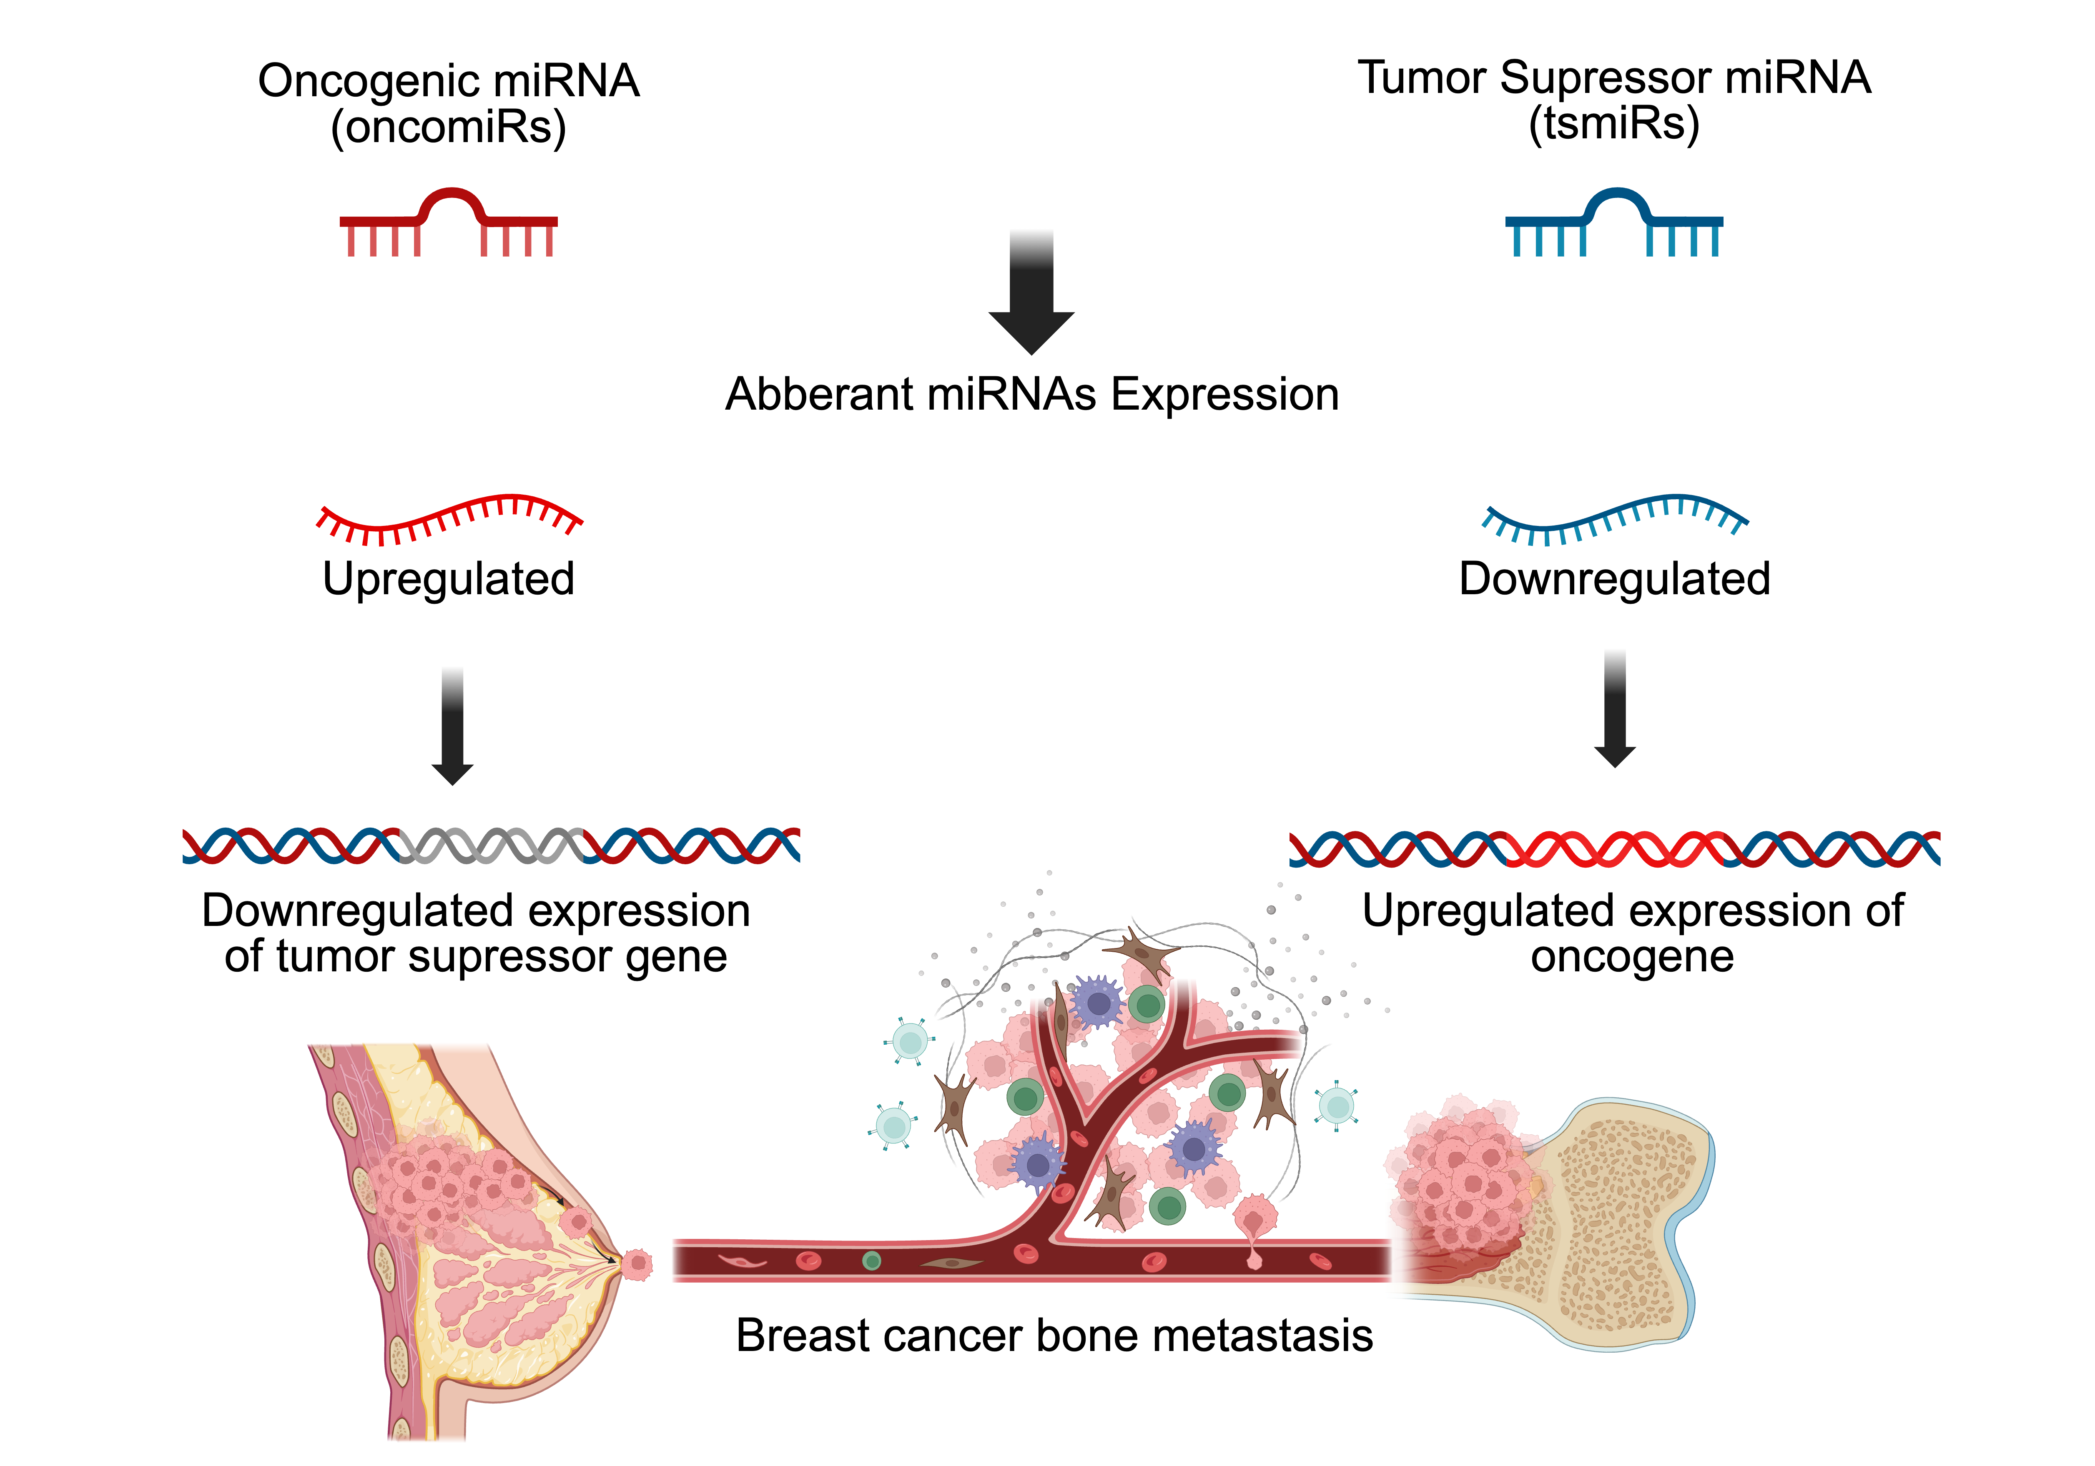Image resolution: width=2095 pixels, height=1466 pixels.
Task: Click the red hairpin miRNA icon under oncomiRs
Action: [x=448, y=222]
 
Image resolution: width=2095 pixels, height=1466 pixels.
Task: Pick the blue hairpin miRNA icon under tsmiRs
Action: [x=1613, y=222]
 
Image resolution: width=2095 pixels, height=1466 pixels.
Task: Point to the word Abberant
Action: [x=818, y=395]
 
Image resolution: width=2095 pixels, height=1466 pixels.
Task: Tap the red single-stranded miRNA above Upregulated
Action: [x=448, y=518]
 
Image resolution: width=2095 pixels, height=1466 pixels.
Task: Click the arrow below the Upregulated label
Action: [x=452, y=727]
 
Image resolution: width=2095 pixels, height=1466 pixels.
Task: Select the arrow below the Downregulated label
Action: [x=1614, y=710]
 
